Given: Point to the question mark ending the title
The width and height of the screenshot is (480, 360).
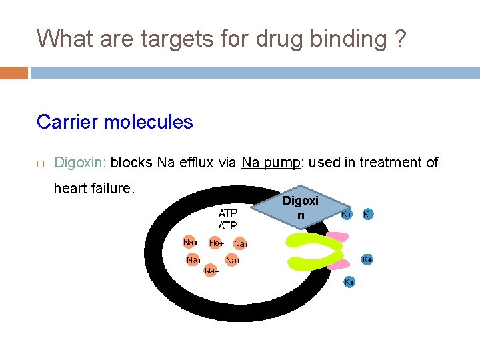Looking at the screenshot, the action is pyautogui.click(x=399, y=39).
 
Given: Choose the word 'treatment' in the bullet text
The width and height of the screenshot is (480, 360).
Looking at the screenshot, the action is pyautogui.click(x=387, y=162).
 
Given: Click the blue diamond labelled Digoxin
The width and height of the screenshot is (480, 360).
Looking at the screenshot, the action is pyautogui.click(x=301, y=207).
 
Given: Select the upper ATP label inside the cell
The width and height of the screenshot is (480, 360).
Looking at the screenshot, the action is pyautogui.click(x=228, y=214).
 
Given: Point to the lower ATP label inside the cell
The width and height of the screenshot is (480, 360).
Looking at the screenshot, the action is pyautogui.click(x=228, y=226).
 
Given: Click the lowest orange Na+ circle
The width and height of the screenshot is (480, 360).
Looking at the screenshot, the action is pyautogui.click(x=212, y=271).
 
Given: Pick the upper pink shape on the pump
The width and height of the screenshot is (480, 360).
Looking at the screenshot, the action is pyautogui.click(x=337, y=237).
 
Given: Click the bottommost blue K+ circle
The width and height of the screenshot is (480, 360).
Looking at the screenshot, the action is pyautogui.click(x=349, y=282).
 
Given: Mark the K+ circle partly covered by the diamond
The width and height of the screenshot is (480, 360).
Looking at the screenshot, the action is pyautogui.click(x=347, y=215).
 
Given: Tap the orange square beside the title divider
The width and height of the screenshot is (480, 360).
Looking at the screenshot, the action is pyautogui.click(x=14, y=72).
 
